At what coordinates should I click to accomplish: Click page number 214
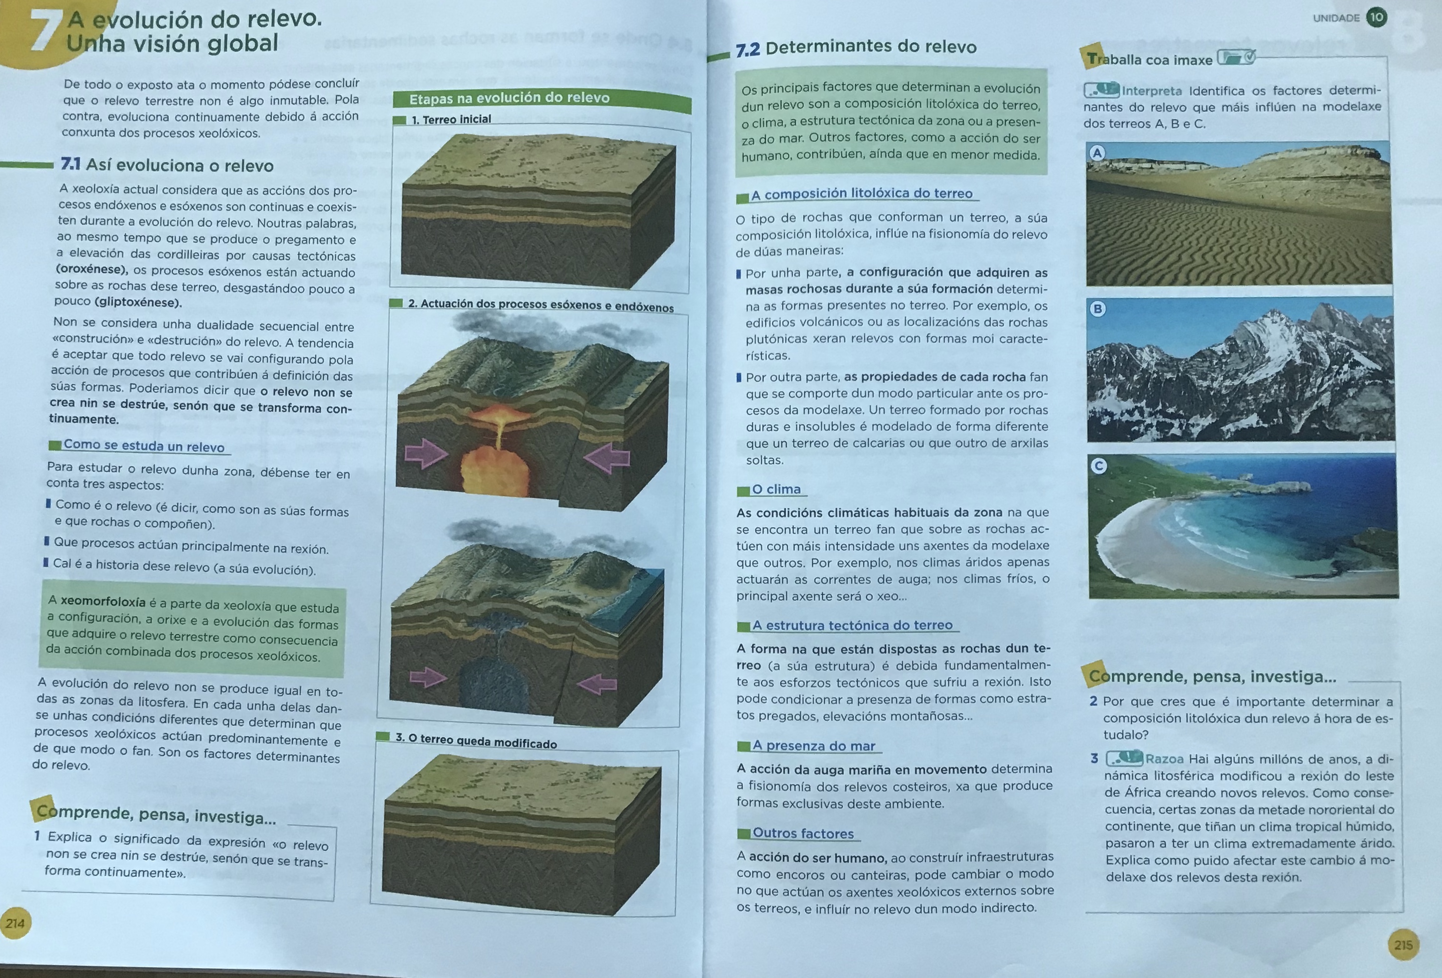[15, 923]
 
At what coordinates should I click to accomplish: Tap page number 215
[1404, 945]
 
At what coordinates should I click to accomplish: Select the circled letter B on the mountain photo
[1098, 309]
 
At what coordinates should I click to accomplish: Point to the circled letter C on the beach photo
[1099, 466]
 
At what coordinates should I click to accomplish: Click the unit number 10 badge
[1376, 17]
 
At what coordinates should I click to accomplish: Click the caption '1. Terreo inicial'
[451, 119]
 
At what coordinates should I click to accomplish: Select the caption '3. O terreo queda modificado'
[476, 740]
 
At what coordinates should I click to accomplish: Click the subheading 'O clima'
[776, 489]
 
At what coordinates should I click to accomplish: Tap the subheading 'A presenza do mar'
[814, 746]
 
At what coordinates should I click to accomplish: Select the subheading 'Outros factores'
[803, 834]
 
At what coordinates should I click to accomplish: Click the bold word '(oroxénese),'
[92, 270]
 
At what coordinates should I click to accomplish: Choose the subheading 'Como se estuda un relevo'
[143, 446]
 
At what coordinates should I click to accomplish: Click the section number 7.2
[747, 50]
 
